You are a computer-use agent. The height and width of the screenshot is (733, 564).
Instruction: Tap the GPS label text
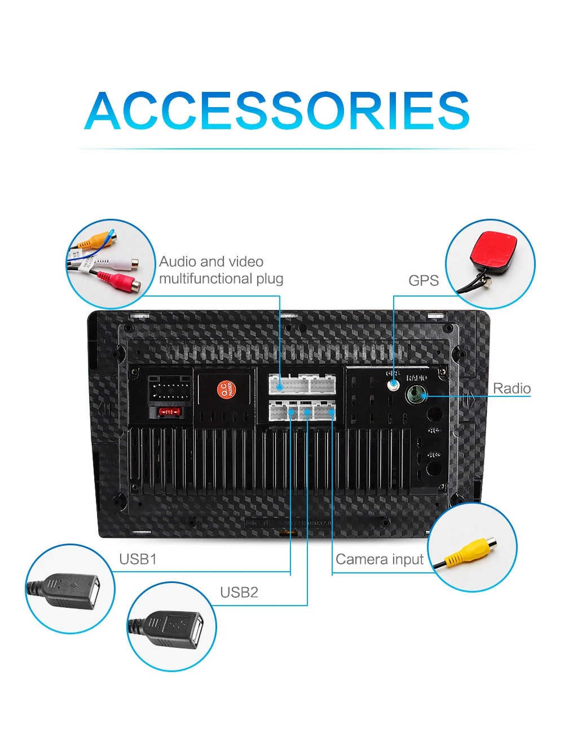pyautogui.click(x=423, y=280)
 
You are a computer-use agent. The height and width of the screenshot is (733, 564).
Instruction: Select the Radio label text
pyautogui.click(x=512, y=388)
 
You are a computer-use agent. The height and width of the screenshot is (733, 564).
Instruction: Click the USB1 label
pyautogui.click(x=138, y=559)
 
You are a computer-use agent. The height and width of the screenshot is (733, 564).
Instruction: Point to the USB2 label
pyautogui.click(x=239, y=593)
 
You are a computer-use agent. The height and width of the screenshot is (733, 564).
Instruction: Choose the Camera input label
pyautogui.click(x=379, y=559)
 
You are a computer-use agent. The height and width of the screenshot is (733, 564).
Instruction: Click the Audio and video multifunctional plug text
pyautogui.click(x=221, y=270)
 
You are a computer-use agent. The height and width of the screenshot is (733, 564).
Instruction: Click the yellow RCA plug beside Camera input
pyautogui.click(x=469, y=551)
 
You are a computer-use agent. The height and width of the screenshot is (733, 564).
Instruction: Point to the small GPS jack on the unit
pyautogui.click(x=393, y=386)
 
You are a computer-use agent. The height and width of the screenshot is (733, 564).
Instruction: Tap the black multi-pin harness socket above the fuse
pyautogui.click(x=169, y=389)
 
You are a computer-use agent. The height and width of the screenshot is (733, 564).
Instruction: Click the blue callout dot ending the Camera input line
pyautogui.click(x=332, y=413)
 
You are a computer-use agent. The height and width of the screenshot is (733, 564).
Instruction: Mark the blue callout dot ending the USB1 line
pyautogui.click(x=290, y=413)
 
